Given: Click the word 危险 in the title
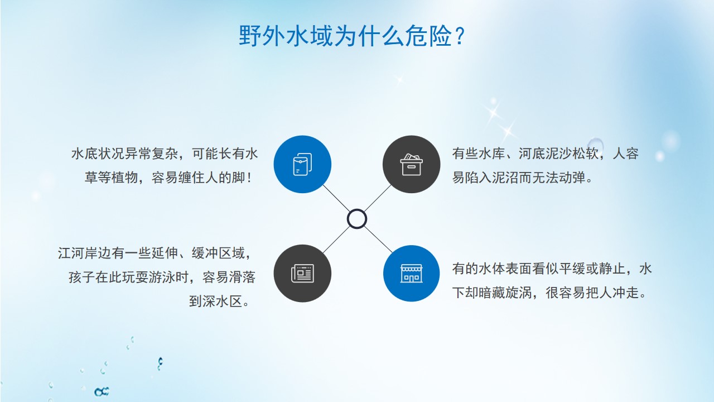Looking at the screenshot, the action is click(x=428, y=36).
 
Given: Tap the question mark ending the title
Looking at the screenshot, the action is click(x=459, y=36).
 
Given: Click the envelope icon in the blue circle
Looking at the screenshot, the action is click(x=302, y=164).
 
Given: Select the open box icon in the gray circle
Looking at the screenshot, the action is click(x=411, y=165).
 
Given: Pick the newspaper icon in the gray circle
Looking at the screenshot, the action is click(x=302, y=274).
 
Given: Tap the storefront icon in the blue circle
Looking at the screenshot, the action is click(x=411, y=274).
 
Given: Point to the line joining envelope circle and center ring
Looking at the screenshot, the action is click(x=336, y=198).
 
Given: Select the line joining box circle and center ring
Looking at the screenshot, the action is click(x=378, y=198).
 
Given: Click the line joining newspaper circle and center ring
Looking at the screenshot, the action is click(x=336, y=240).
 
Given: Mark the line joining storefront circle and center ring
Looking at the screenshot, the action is click(x=378, y=240).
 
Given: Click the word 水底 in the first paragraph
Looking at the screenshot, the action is click(x=84, y=154).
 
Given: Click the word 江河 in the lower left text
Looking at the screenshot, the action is click(x=71, y=253).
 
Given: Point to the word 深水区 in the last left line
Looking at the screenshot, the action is click(x=216, y=301).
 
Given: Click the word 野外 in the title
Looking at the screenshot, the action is click(x=262, y=36).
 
